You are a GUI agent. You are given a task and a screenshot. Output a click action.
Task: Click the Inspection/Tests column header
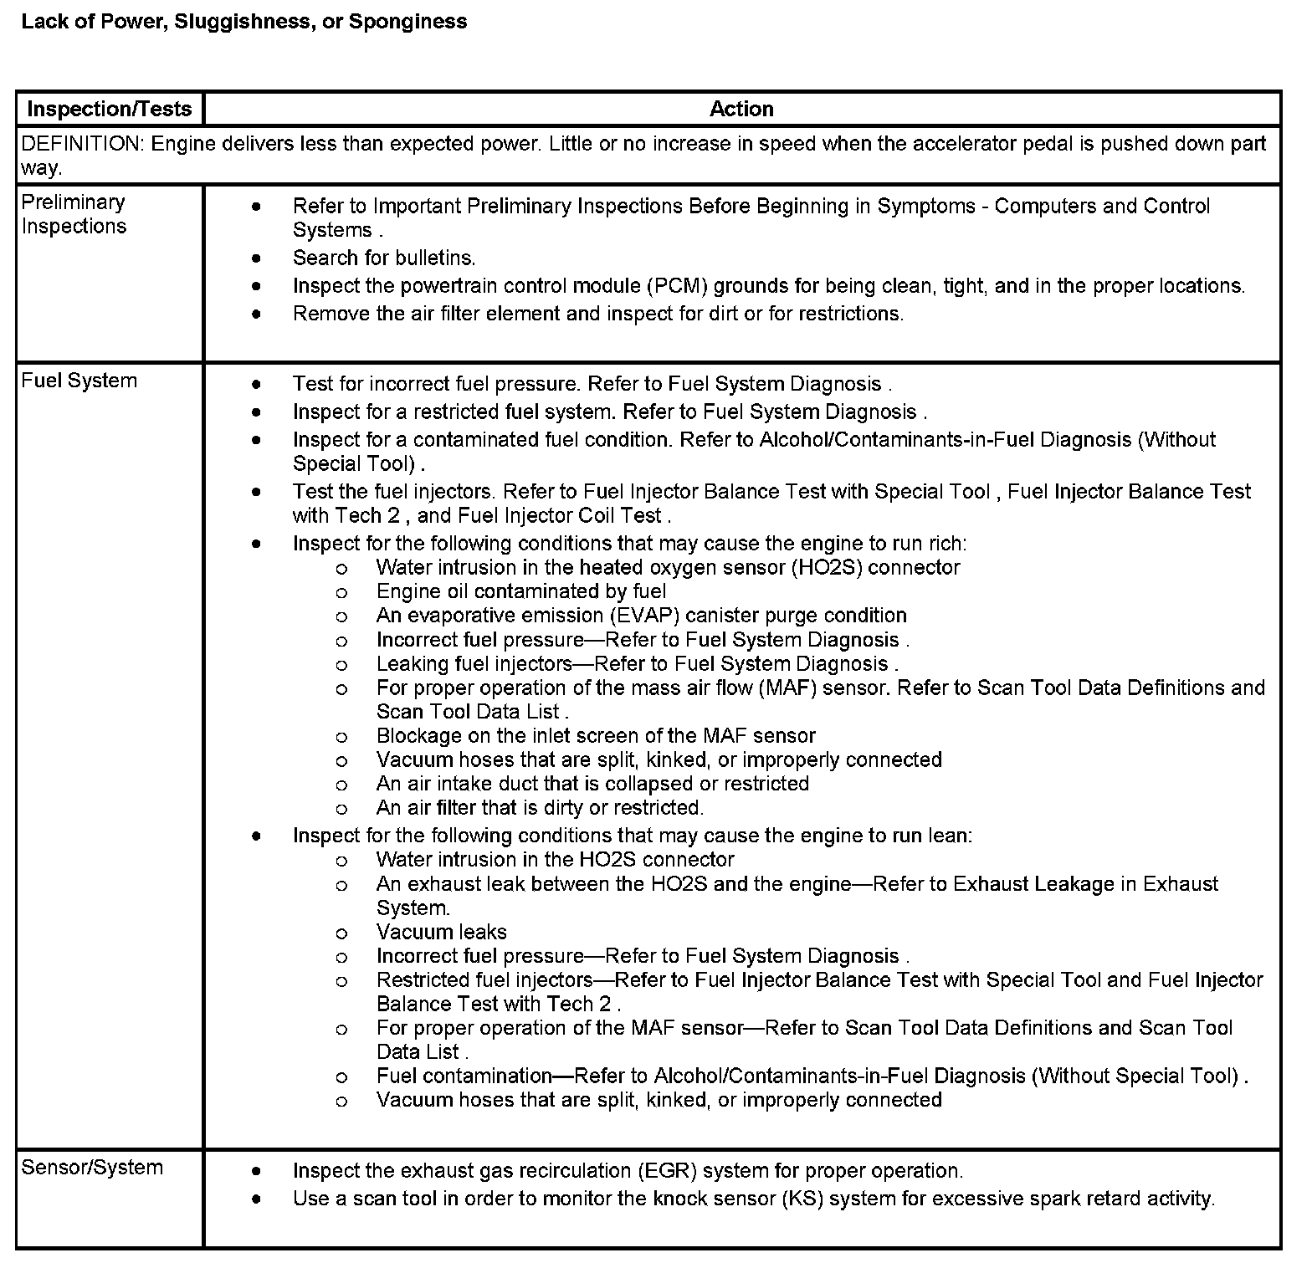point(110,109)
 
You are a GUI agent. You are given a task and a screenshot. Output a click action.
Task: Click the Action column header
point(741,109)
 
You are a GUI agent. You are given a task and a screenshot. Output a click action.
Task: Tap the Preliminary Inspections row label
point(74,214)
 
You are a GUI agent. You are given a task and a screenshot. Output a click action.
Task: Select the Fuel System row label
point(79,381)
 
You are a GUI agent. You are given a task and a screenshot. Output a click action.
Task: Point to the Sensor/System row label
point(92,1168)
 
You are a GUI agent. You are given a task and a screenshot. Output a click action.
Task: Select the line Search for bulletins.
point(384,258)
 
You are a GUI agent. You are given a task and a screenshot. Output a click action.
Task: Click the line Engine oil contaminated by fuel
point(520,592)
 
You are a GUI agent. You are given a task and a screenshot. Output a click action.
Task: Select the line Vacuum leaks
point(441,933)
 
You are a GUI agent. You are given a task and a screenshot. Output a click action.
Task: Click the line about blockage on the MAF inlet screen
point(595,736)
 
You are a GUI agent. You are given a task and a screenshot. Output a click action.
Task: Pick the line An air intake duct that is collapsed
point(592,784)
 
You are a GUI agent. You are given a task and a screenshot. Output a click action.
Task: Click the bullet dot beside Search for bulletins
point(256,258)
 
